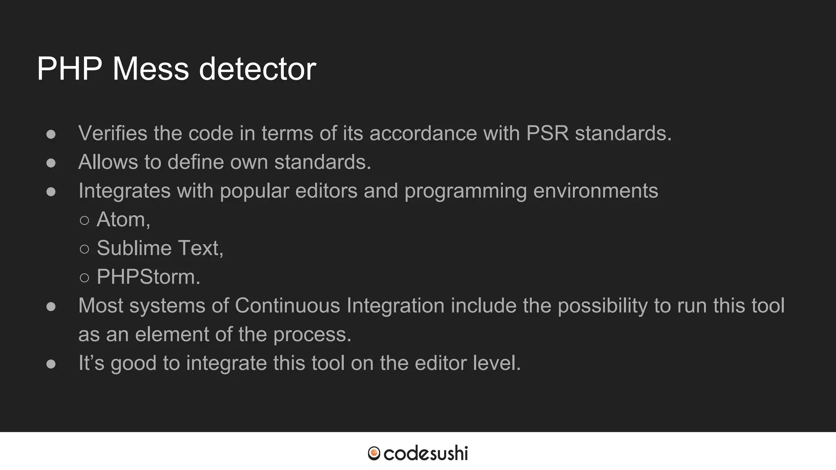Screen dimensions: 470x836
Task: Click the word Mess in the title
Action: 150,69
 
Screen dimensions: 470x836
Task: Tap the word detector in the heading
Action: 257,69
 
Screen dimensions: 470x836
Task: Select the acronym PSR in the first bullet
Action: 547,133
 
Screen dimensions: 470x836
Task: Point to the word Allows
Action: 108,162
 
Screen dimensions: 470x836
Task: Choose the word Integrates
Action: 124,191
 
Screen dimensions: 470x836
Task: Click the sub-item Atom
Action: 123,219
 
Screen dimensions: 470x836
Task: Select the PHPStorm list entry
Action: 148,277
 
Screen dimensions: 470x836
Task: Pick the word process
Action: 312,335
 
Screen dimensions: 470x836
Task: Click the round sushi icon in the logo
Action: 374,453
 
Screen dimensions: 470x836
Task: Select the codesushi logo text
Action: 425,453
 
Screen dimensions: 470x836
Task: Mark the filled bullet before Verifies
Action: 51,134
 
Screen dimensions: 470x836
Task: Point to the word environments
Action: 596,191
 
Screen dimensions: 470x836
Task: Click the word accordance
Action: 423,133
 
